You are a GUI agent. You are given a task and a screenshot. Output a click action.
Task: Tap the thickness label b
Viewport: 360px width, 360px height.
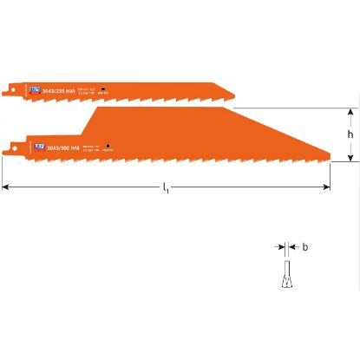(304, 246)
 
